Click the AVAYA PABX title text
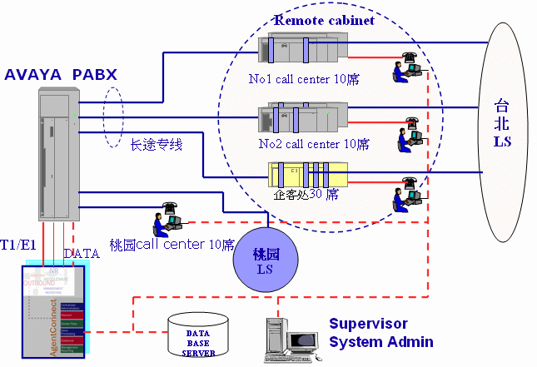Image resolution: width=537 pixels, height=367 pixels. pos(61,74)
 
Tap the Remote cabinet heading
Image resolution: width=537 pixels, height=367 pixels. pos(325,19)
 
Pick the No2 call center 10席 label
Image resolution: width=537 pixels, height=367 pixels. pos(314,144)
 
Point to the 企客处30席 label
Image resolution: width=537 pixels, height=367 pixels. pos(306,194)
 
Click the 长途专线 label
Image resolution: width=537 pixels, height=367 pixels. pos(157,145)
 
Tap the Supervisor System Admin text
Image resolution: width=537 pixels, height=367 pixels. pos(380,332)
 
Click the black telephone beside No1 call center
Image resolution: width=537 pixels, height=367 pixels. pos(410,57)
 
